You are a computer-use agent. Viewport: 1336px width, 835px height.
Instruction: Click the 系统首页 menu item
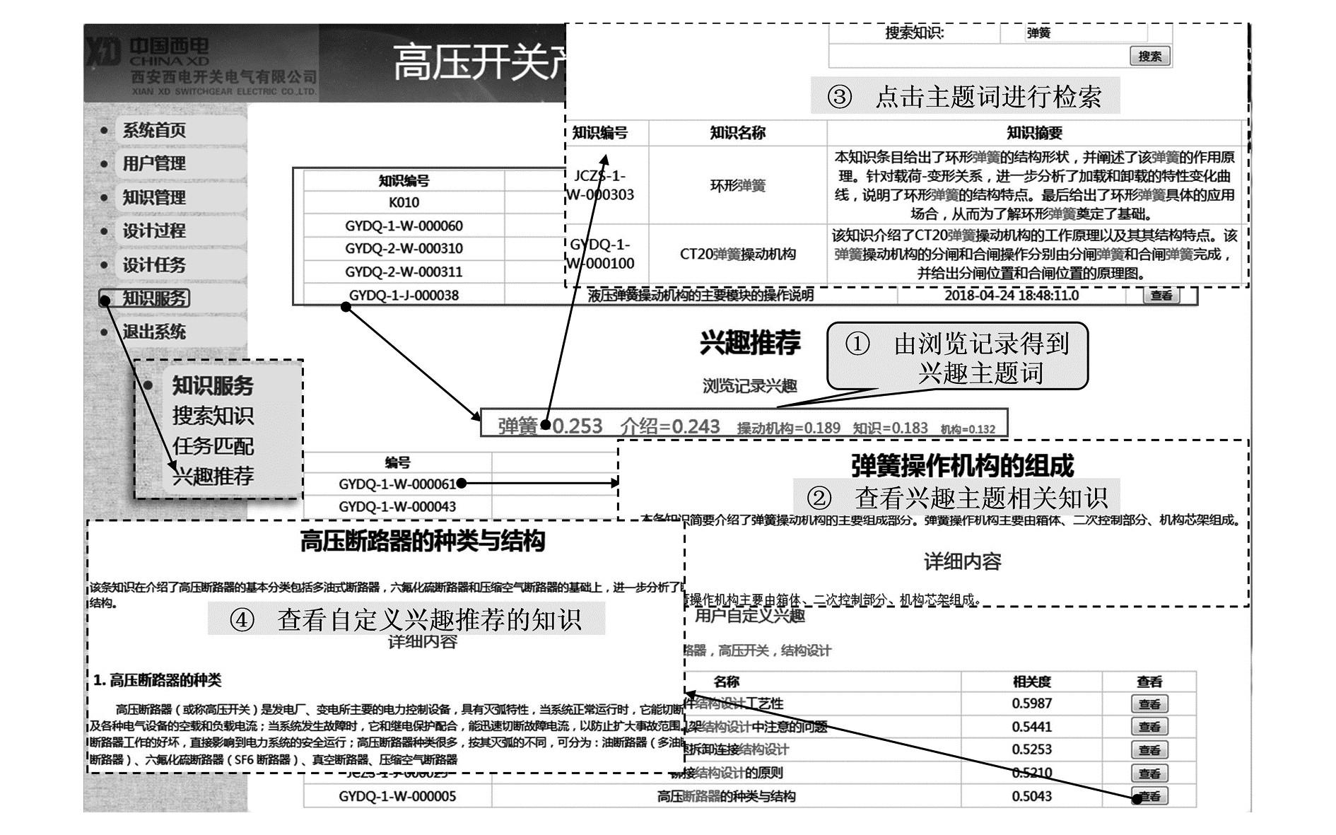pos(154,130)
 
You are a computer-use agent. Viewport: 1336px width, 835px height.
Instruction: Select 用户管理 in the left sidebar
pos(154,164)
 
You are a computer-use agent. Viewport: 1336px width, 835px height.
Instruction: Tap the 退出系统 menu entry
pos(154,332)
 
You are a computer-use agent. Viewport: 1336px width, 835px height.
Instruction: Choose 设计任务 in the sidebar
pos(154,265)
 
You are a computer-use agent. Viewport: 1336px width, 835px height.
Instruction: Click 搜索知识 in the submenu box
pos(213,416)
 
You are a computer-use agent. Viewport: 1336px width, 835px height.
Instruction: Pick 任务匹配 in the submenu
pos(213,446)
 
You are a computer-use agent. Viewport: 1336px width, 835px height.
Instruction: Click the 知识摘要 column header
pos(1034,133)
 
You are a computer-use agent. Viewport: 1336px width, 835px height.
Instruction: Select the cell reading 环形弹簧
pos(737,186)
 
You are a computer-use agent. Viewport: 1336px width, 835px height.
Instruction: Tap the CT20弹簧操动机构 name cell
pos(737,254)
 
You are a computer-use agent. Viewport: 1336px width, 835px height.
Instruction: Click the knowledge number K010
pos(404,202)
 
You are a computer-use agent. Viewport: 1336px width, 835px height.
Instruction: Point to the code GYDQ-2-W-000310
pos(404,249)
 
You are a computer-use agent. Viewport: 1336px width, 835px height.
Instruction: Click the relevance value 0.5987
pos(1031,703)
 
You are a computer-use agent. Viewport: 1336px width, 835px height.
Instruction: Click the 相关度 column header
pos(1031,682)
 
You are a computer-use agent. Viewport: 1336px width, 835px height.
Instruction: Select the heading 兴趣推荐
pos(749,343)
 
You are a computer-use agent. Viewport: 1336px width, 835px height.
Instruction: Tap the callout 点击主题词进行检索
pos(988,97)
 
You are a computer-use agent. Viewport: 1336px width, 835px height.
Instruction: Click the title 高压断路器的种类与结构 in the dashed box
pos(422,542)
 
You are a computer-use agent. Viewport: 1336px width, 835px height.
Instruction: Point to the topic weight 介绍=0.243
pos(669,426)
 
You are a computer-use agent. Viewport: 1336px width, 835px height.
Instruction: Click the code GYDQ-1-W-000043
pos(397,507)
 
